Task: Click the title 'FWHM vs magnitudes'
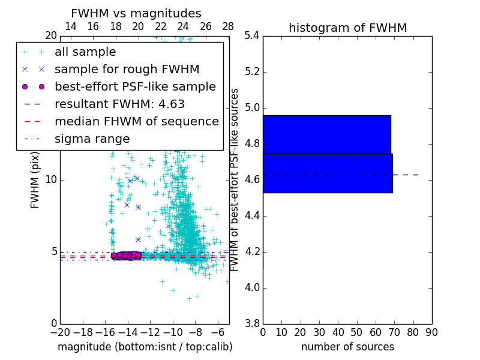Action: pos(136,13)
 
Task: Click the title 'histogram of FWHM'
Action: pos(347,28)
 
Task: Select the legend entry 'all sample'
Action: pos(85,52)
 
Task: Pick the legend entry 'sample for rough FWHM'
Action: pos(127,69)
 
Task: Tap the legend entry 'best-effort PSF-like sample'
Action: pos(135,86)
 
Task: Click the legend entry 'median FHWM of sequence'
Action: pos(136,121)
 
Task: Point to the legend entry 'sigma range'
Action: pos(92,139)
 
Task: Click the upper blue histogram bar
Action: pos(326,134)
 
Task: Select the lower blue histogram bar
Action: pos(328,173)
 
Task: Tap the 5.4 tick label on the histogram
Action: pos(252,36)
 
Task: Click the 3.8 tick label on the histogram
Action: pos(252,323)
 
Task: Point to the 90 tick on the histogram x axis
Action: pos(431,332)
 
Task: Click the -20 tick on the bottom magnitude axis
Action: pos(60,332)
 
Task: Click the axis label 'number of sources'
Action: pos(347,347)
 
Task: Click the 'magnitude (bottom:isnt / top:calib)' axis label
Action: pos(145,347)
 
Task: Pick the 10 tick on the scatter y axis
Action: pos(50,180)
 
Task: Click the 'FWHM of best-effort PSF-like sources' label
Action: pos(235,179)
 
